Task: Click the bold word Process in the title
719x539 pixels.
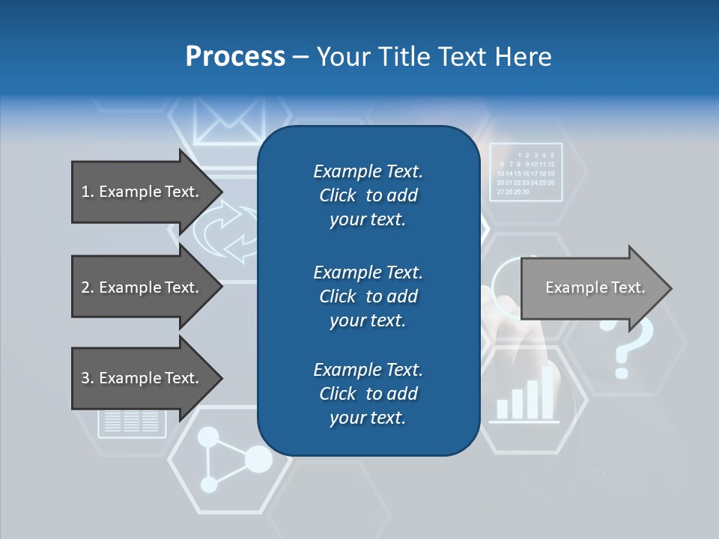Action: coord(235,56)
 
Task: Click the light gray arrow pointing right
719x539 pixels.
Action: coord(595,288)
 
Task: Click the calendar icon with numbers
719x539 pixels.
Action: coord(526,171)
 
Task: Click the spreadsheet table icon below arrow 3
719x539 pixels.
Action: coord(131,423)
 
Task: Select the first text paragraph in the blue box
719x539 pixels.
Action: coord(368,195)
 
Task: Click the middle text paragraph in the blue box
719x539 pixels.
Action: coord(368,296)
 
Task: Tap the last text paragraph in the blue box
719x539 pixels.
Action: coord(368,394)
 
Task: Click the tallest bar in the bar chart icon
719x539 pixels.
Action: coord(547,392)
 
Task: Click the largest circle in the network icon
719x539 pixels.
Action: coord(258,459)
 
